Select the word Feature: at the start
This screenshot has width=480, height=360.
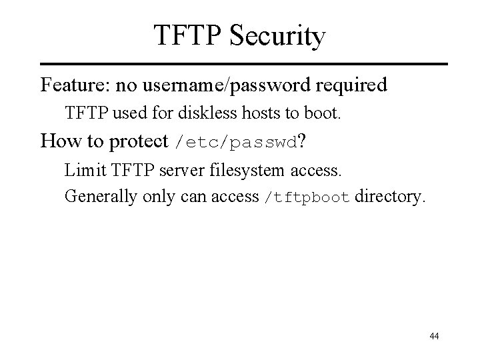tap(75, 85)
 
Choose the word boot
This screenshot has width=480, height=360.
tap(325, 113)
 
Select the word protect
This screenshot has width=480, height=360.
tap(137, 141)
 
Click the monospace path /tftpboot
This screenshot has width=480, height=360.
tap(307, 197)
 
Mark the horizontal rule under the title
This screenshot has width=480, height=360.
tap(240, 64)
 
